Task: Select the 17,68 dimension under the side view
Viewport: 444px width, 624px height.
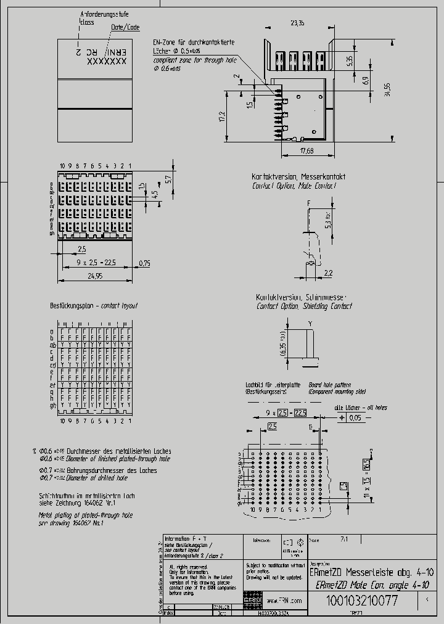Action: pyautogui.click(x=306, y=150)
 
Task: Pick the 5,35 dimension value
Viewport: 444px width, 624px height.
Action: pyautogui.click(x=349, y=61)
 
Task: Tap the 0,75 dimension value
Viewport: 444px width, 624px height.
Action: pyautogui.click(x=144, y=263)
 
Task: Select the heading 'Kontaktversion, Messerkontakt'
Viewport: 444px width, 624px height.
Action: pyautogui.click(x=298, y=177)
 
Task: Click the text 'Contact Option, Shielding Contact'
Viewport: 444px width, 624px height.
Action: pyautogui.click(x=305, y=306)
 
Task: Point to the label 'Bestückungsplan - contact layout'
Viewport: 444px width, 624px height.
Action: pyautogui.click(x=94, y=306)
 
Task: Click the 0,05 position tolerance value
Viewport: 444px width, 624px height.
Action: pyautogui.click(x=355, y=417)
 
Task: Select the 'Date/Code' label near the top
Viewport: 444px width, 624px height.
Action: pyautogui.click(x=125, y=28)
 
